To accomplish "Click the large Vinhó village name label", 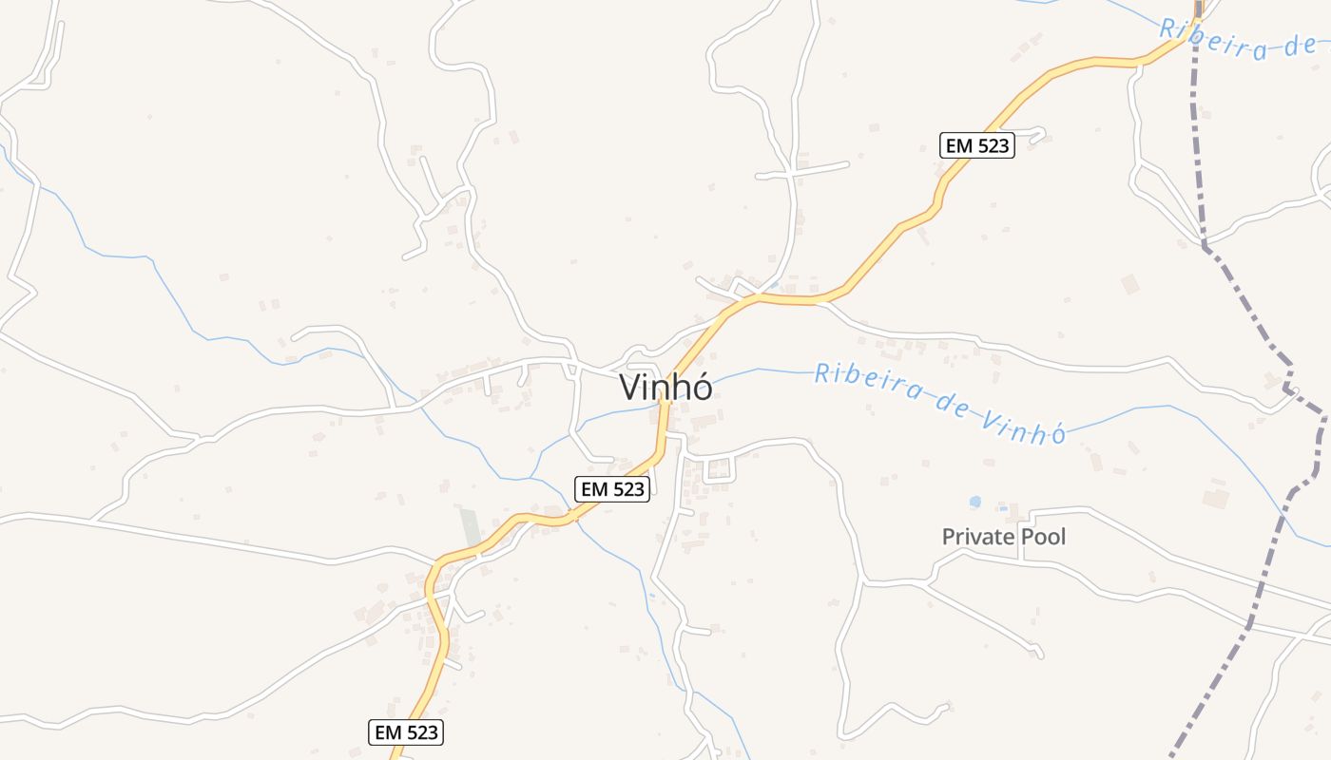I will (665, 388).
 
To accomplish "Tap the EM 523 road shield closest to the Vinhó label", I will (612, 489).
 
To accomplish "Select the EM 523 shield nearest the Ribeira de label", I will (977, 145).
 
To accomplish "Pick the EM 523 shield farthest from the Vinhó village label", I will (406, 732).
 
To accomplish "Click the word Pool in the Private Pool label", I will (1043, 537).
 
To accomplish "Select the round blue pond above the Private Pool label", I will (974, 501).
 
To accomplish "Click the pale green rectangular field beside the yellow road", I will (470, 528).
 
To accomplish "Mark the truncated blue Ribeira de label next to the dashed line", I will (1236, 39).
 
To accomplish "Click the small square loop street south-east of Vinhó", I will (719, 468).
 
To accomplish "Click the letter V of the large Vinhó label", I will (630, 388).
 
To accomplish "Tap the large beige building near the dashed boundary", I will (1130, 284).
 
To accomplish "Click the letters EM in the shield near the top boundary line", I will (958, 145).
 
